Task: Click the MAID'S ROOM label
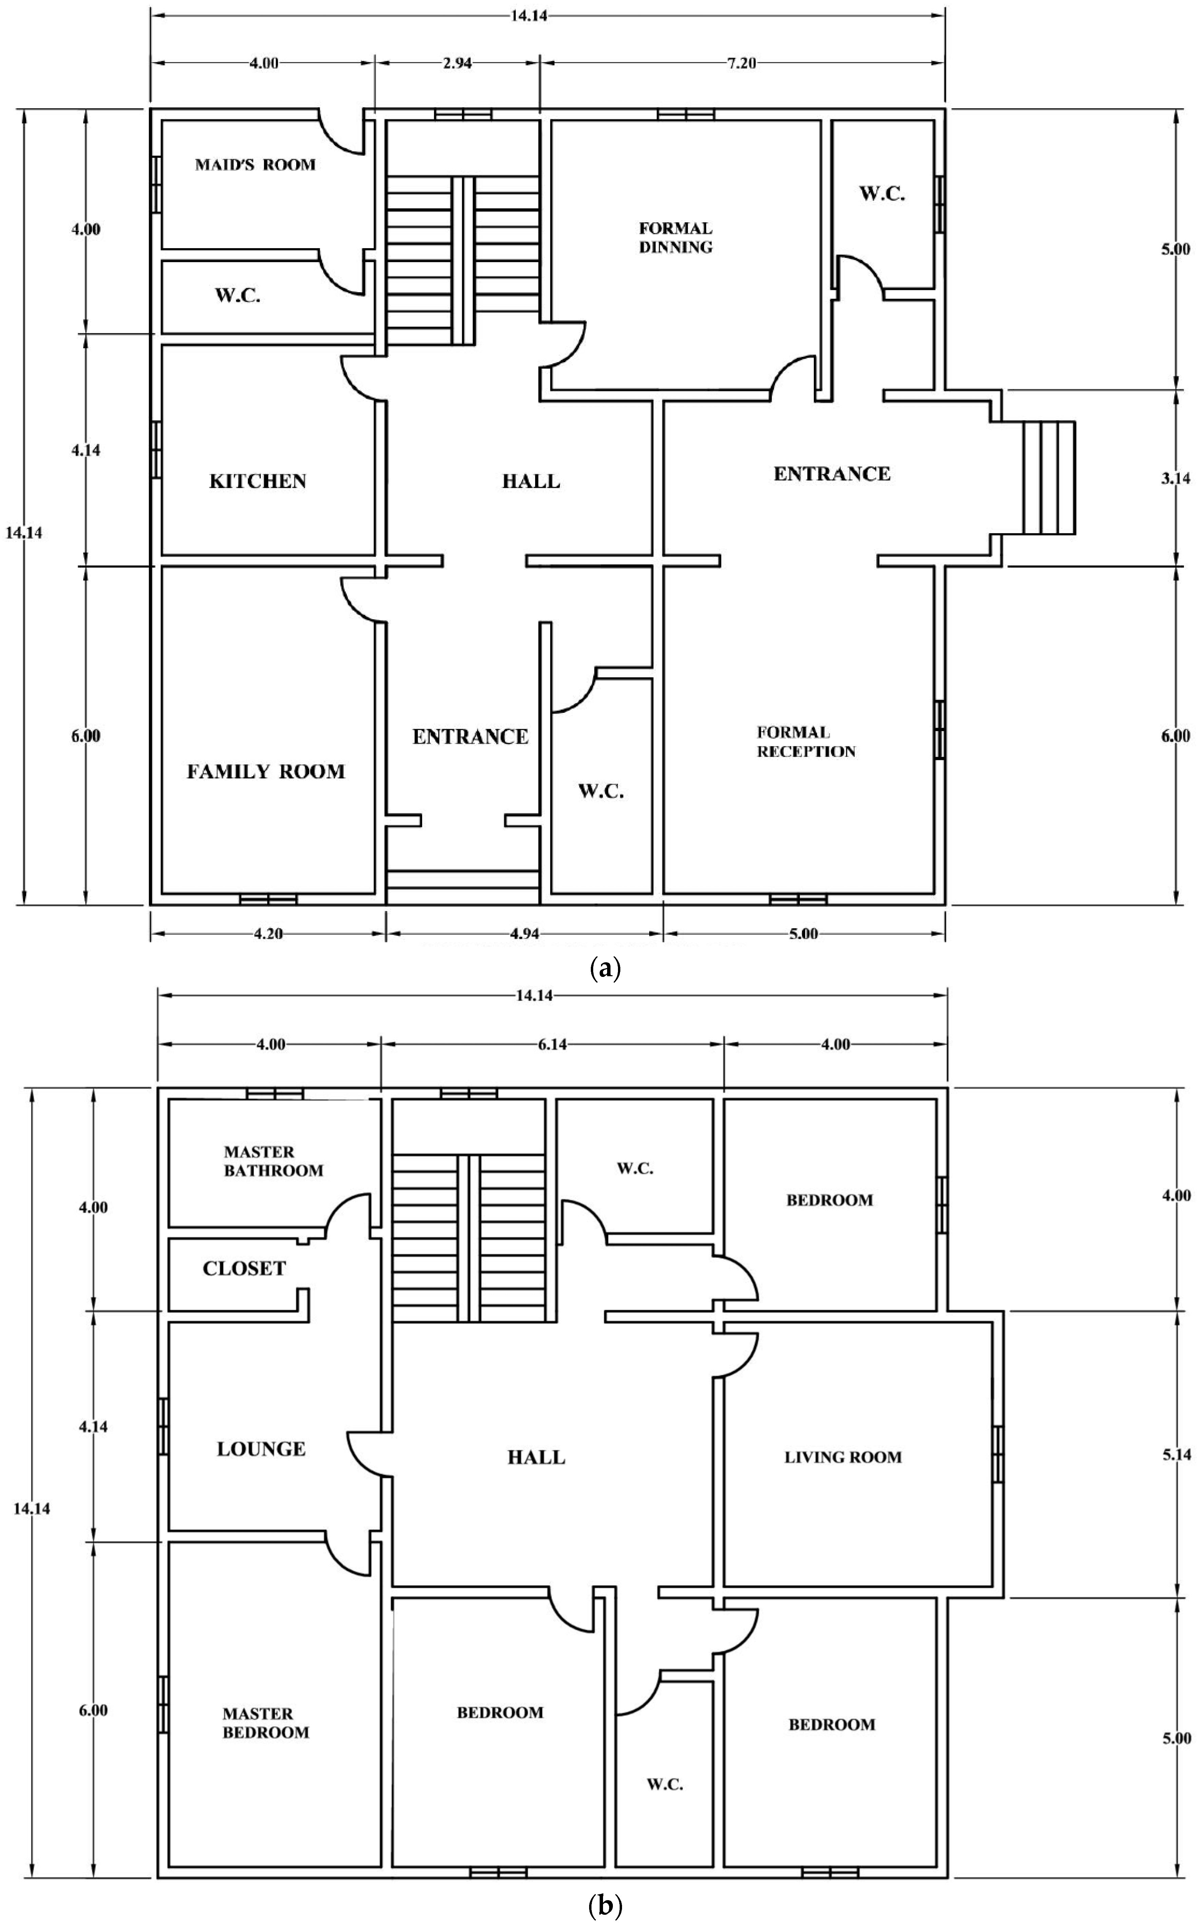[x=256, y=165]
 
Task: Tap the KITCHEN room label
[x=258, y=481]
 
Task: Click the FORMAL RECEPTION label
[x=806, y=742]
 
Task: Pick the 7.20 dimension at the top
[x=741, y=64]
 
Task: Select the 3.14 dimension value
[x=1175, y=479]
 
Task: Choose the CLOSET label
[x=244, y=1268]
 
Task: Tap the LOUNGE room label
[x=261, y=1449]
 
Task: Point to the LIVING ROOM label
[x=843, y=1457]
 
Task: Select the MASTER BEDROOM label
[x=266, y=1723]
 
